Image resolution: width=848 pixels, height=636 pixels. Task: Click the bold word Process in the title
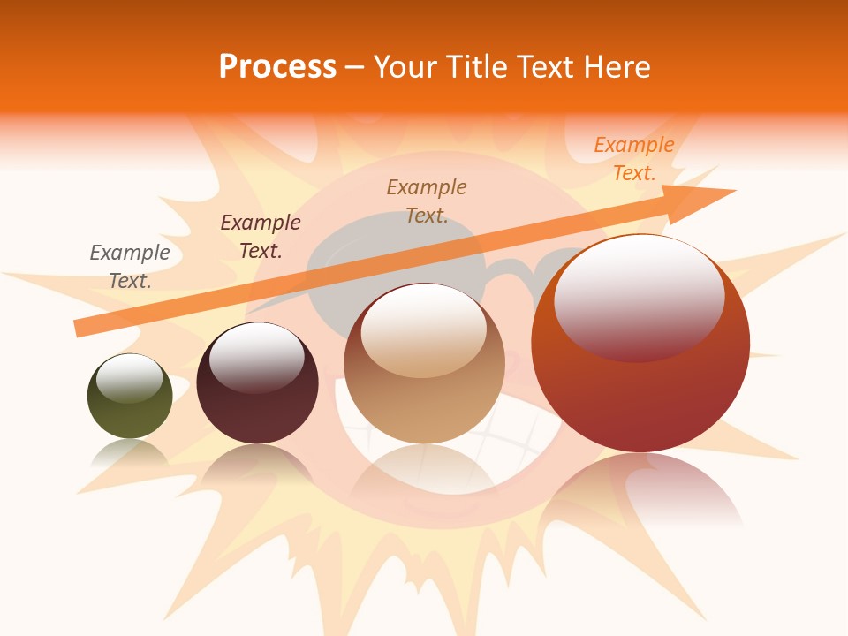click(277, 67)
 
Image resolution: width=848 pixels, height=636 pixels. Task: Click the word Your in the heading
click(407, 67)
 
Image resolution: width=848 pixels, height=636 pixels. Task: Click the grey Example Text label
click(130, 267)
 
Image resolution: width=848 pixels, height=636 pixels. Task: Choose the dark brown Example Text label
click(261, 237)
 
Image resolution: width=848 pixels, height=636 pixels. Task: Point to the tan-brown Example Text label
click(427, 201)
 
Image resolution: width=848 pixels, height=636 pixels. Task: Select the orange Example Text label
click(634, 159)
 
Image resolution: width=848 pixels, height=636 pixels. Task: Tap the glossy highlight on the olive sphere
click(130, 379)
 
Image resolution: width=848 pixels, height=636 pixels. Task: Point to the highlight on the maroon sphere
click(256, 357)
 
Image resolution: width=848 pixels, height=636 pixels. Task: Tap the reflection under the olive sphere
click(130, 453)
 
